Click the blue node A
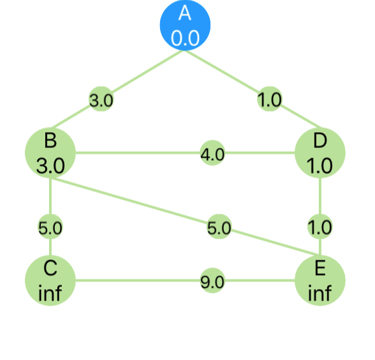click(185, 25)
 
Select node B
click(50, 153)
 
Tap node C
click(50, 280)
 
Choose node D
click(320, 153)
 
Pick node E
click(320, 280)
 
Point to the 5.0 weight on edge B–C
click(50, 228)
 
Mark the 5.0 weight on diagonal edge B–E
click(219, 228)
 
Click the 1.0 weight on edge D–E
click(320, 227)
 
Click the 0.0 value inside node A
click(185, 38)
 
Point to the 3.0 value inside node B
click(50, 166)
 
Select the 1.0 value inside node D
click(320, 166)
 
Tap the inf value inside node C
click(50, 293)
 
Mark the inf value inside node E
click(320, 293)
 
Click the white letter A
click(185, 13)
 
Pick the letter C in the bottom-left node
click(50, 268)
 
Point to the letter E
click(320, 268)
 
